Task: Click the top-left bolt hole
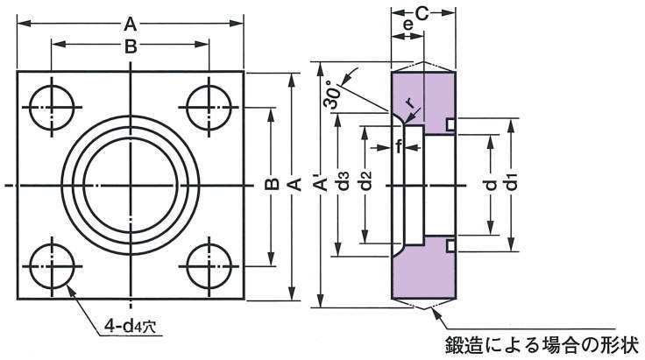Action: coord(51,108)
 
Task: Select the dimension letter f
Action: coord(398,147)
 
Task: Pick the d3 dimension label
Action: coord(345,184)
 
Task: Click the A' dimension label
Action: coord(324,185)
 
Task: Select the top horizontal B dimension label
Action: coord(130,47)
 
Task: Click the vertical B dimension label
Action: coord(272,184)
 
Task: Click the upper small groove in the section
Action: coord(450,125)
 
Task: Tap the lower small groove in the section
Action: coord(450,245)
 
